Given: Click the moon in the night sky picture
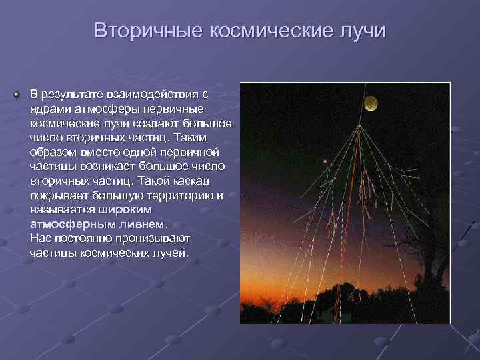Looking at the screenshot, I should (x=371, y=104).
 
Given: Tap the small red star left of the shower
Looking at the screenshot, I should (x=325, y=161).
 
